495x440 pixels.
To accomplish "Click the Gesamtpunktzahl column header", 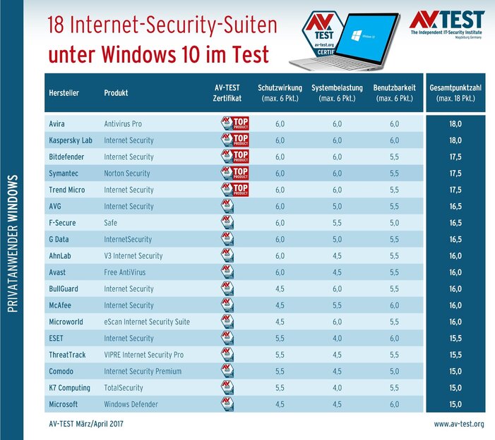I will coord(455,93).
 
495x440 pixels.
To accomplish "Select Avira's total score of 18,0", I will coord(455,123).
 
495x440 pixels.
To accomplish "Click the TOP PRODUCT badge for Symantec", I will coord(235,173).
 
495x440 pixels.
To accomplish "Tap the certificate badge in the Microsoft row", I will coord(227,404).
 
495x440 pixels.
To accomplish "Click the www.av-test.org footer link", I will coord(458,424).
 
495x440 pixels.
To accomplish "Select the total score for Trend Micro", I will coord(455,190).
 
